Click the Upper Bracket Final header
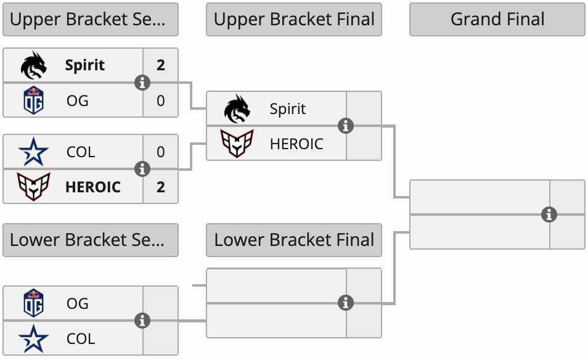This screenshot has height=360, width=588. (294, 19)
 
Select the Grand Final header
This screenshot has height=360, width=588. (497, 19)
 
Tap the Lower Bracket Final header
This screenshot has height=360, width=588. (294, 240)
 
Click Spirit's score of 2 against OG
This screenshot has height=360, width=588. (161, 65)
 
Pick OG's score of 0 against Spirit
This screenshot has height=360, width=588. (161, 100)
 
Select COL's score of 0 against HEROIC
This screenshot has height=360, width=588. (161, 152)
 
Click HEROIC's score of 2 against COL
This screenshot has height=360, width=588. (161, 187)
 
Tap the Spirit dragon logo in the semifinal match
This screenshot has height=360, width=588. (33, 65)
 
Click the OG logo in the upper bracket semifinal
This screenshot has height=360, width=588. (33, 100)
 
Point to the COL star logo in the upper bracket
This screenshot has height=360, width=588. (33, 152)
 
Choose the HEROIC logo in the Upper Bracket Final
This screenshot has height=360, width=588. (237, 144)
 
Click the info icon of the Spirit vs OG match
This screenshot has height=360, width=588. (142, 83)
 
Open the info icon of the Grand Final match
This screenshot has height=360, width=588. (549, 215)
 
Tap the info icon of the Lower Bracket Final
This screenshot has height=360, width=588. (346, 303)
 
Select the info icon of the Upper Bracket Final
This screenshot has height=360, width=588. (346, 126)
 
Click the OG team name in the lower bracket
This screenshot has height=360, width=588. (78, 303)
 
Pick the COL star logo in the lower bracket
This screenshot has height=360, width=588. (33, 338)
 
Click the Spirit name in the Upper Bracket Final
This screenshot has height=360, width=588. (288, 109)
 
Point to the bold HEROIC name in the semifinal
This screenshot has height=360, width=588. (93, 187)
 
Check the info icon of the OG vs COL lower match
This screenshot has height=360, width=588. (142, 321)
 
